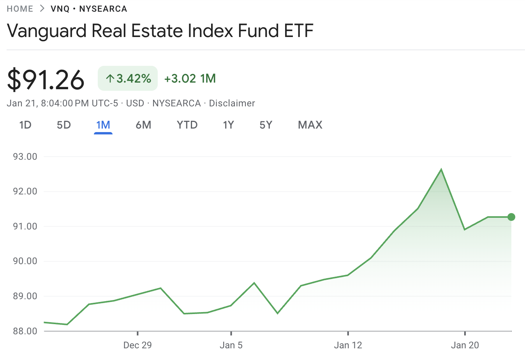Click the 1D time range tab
pos(25,125)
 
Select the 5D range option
pos(64,125)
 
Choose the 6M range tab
pos(143,125)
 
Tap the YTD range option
pos(187,125)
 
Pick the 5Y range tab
pos(266,125)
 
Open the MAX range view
pos(310,125)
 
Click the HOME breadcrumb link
pos(20,9)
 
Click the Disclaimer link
pos(232,103)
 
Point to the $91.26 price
pos(46,79)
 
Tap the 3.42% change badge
pos(128,78)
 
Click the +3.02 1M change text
pos(190,78)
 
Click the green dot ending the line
pos(511,217)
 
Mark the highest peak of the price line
pos(441,169)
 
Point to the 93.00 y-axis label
pos(25,157)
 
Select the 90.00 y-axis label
pos(25,261)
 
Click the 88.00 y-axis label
pos(25,331)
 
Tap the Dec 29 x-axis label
pos(137,345)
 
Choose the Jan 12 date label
pos(348,345)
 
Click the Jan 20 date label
pos(465,345)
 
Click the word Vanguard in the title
pos(47,31)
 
